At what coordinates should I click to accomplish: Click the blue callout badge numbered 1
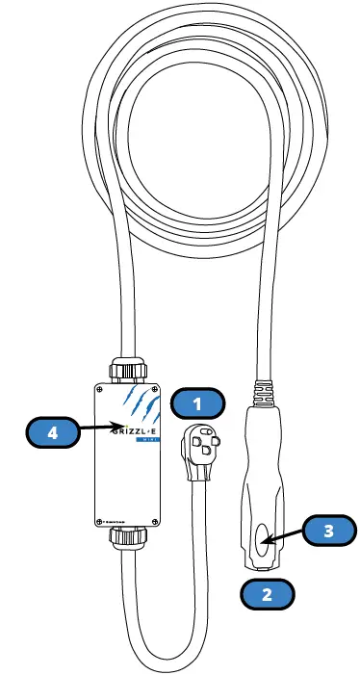[196, 402]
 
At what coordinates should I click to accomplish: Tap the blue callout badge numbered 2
[268, 593]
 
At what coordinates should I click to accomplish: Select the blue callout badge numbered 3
[329, 530]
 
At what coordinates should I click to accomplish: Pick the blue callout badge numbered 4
[53, 433]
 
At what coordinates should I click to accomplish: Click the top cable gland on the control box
[127, 369]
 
